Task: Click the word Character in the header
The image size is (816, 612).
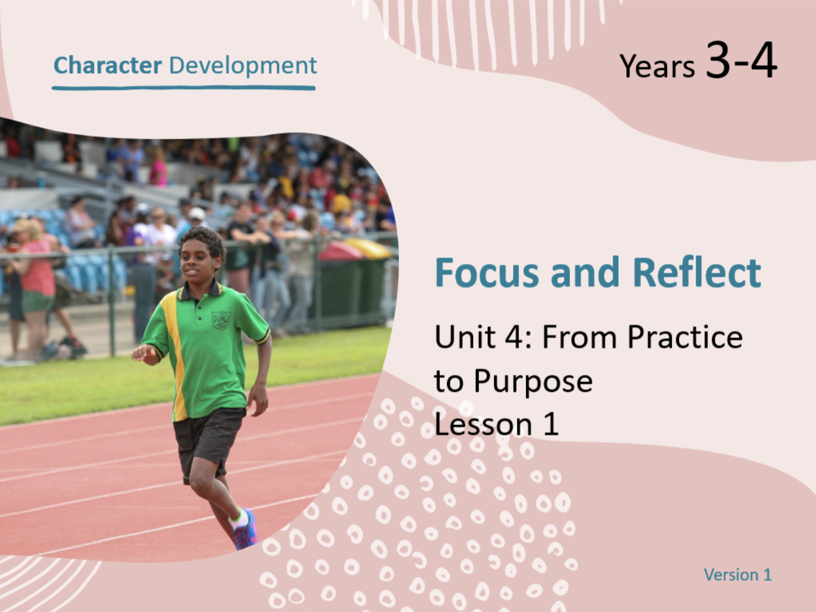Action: (x=108, y=65)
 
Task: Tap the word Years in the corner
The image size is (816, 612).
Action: (x=657, y=66)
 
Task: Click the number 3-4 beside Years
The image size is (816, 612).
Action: (x=741, y=60)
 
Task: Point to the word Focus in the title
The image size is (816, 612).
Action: (x=487, y=272)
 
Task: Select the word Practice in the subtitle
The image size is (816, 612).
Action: (x=685, y=337)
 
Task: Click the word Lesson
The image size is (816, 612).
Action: (x=483, y=424)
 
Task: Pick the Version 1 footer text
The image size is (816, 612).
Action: (x=738, y=575)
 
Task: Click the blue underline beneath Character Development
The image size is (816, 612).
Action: (x=184, y=89)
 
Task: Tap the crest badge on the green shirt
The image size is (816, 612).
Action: (x=221, y=320)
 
